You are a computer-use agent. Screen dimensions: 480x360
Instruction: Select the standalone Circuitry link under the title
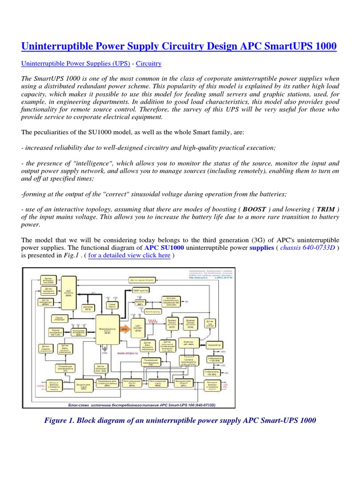[149, 64]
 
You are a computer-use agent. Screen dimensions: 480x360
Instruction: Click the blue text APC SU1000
[164, 247]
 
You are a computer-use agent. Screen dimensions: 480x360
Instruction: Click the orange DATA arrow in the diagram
[124, 330]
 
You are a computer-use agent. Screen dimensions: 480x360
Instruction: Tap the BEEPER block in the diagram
[140, 303]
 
